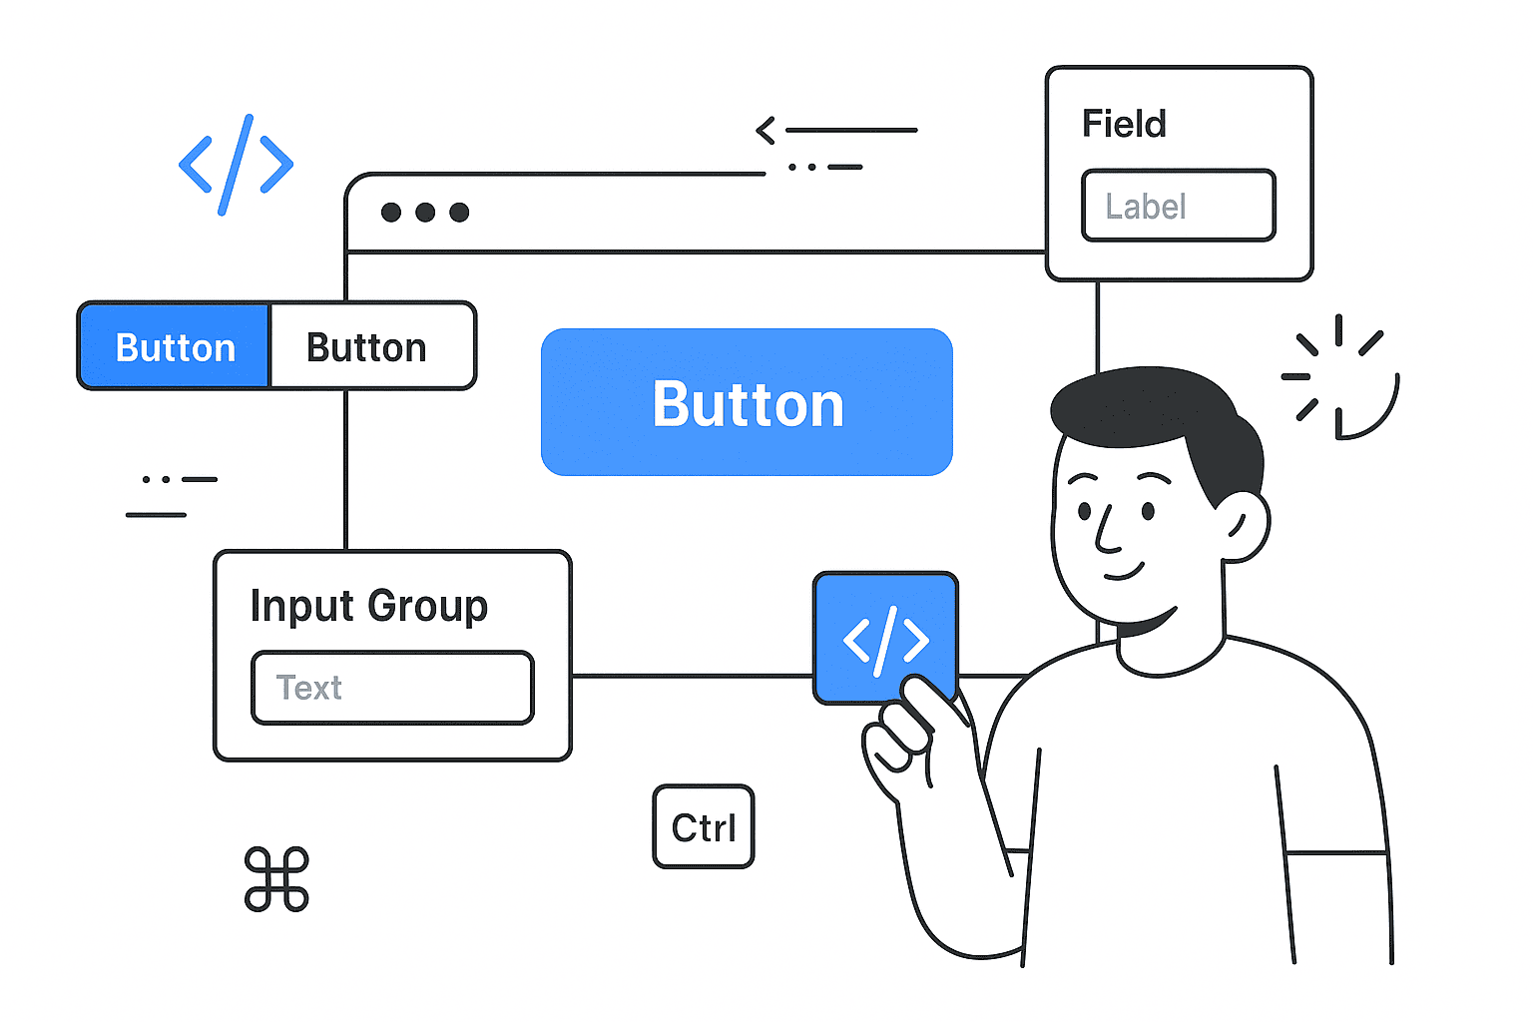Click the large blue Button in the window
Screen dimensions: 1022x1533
pyautogui.click(x=747, y=402)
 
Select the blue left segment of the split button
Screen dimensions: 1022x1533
pyautogui.click(x=175, y=346)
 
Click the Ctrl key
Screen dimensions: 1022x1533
pyautogui.click(x=704, y=826)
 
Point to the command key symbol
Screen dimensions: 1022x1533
pyautogui.click(x=276, y=879)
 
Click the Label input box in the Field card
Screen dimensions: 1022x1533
pyautogui.click(x=1179, y=206)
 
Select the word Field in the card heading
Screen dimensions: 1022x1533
pyautogui.click(x=1124, y=124)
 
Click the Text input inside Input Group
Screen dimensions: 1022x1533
pyautogui.click(x=392, y=687)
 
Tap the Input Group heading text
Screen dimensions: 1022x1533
pyautogui.click(x=368, y=605)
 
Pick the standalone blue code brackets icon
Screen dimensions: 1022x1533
pyautogui.click(x=236, y=165)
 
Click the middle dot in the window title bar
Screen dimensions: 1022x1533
pyautogui.click(x=425, y=212)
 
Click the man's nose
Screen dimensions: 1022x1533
pyautogui.click(x=1104, y=534)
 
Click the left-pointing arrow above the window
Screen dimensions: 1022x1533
pyautogui.click(x=766, y=130)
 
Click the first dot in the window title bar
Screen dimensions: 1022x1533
pyautogui.click(x=391, y=212)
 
